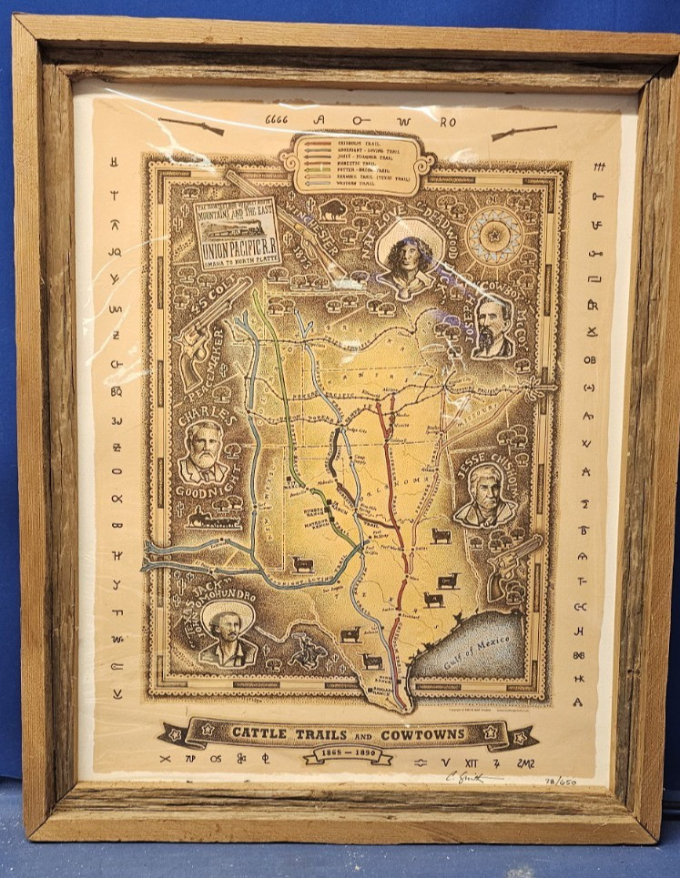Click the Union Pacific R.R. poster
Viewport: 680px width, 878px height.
238,233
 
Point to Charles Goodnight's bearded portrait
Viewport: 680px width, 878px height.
203,452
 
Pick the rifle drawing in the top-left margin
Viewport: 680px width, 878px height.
191,126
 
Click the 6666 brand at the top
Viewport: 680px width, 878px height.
277,119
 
